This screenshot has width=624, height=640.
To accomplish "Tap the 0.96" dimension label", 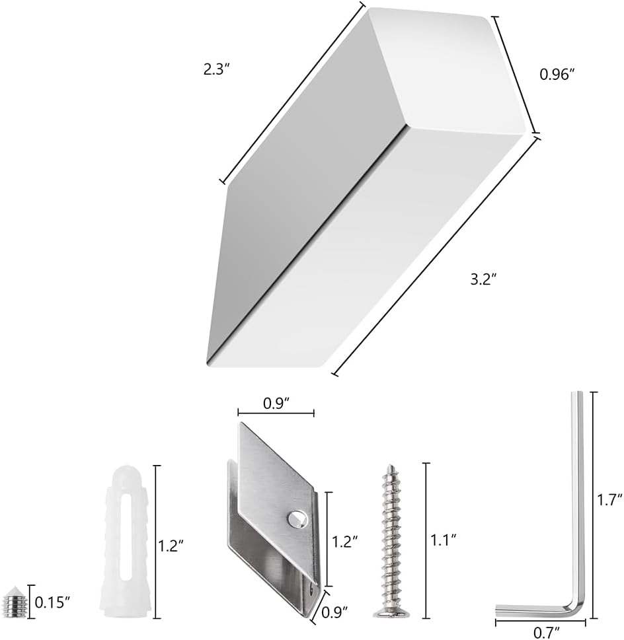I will coord(556,75).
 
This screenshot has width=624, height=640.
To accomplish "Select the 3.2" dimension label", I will coord(483,279).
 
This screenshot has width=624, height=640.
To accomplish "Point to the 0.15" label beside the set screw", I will coord(52,602).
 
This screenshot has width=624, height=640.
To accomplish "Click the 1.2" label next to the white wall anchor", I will coord(171,546).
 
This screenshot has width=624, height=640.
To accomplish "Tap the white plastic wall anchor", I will coord(123,542).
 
